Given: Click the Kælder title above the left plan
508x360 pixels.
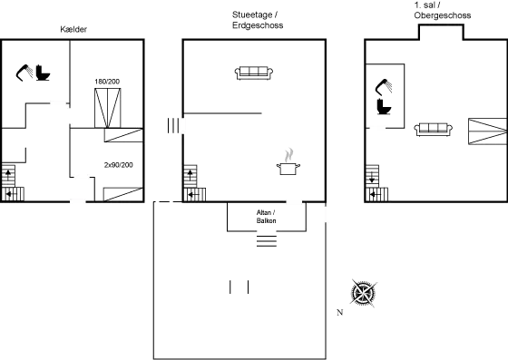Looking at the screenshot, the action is [74, 29].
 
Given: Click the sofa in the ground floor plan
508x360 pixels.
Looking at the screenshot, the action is [253, 73].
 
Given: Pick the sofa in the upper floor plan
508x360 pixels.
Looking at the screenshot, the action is [434, 129].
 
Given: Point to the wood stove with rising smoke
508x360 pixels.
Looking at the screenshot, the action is [289, 161].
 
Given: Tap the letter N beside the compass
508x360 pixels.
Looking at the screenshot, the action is [339, 313].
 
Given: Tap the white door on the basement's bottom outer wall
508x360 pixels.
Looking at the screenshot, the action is [79, 201].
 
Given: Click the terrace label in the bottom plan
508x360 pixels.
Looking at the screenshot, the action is [266, 216].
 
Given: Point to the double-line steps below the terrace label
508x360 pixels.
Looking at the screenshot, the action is [266, 243].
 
